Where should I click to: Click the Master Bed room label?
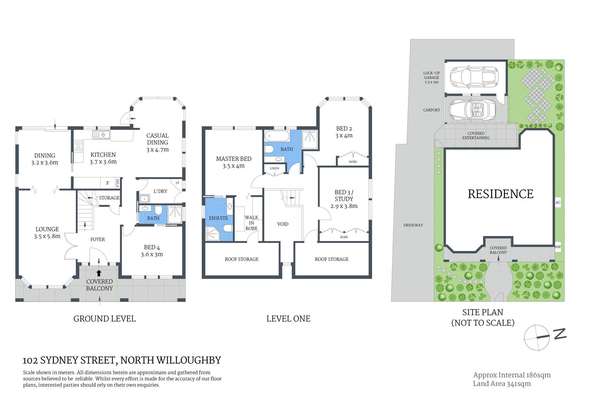click(x=233, y=159)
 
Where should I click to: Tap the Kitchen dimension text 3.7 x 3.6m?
click(x=103, y=162)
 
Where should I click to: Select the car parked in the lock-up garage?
click(x=474, y=77)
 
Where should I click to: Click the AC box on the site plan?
click(x=558, y=202)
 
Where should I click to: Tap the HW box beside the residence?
click(x=558, y=247)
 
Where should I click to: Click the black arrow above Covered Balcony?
click(x=99, y=273)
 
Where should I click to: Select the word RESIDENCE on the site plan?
click(x=500, y=194)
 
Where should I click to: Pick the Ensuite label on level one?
click(x=218, y=218)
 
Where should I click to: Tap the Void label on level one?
click(x=282, y=224)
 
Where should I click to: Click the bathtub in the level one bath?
click(x=277, y=136)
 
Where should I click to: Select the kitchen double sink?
click(x=101, y=135)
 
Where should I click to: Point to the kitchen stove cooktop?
click(x=79, y=146)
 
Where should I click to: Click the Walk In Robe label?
click(x=251, y=223)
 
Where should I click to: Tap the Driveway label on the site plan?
click(x=413, y=225)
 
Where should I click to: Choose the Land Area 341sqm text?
click(x=501, y=384)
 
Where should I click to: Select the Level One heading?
click(x=288, y=319)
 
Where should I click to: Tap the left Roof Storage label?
click(x=242, y=259)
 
